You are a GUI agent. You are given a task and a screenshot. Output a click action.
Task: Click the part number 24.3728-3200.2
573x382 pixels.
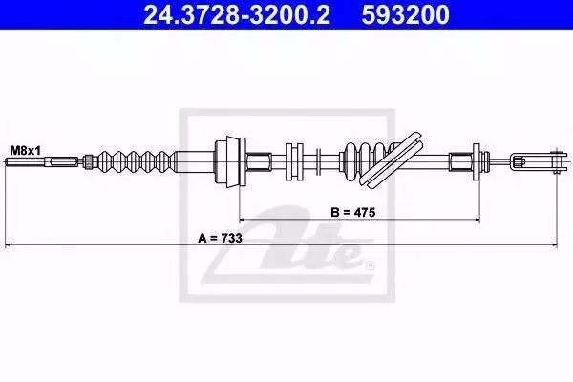(x=237, y=14)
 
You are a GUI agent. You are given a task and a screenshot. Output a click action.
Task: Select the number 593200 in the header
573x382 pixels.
(x=405, y=14)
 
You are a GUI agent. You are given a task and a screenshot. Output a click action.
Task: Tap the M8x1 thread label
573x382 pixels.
(x=25, y=150)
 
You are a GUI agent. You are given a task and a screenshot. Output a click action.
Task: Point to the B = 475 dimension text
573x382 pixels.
(x=353, y=212)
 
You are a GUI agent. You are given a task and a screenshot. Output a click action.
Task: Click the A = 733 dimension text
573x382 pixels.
(x=220, y=238)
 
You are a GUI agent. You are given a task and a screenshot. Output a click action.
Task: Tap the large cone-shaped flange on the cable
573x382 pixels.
(x=230, y=161)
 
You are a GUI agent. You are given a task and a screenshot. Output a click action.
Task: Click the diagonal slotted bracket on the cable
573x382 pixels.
(x=393, y=159)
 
